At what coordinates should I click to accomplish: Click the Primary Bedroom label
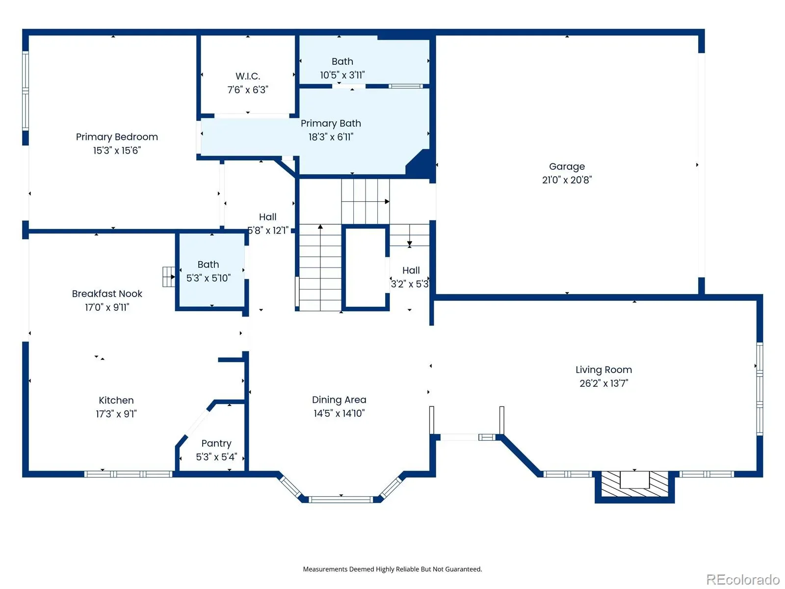(117, 137)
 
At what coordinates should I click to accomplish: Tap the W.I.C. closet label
(247, 76)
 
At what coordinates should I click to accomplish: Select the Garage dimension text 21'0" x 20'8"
(567, 180)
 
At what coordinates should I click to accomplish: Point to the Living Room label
(603, 370)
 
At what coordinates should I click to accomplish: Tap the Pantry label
(216, 443)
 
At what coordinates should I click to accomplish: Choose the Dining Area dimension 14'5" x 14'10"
(339, 413)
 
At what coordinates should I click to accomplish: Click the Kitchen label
(116, 400)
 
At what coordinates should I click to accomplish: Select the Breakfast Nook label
(107, 294)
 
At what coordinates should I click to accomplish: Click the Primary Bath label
(331, 123)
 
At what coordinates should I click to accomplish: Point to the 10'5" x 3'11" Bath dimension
(342, 75)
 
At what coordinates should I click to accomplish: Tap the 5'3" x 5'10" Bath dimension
(209, 278)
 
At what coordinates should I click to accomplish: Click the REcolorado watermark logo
(743, 579)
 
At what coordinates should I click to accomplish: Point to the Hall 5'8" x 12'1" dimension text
(268, 230)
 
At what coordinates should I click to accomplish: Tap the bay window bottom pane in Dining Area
(341, 499)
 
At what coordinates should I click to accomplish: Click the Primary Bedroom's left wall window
(26, 91)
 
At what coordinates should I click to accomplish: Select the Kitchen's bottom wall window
(129, 474)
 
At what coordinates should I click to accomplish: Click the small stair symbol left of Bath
(169, 277)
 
